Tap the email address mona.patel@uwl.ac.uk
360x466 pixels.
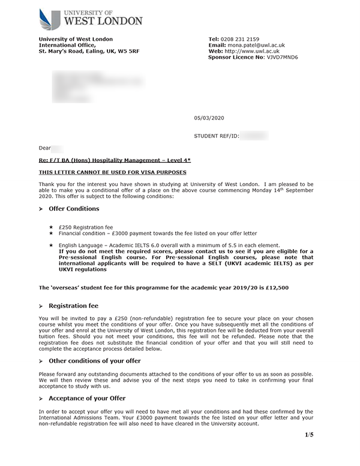[255, 45]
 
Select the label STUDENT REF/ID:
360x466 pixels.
[217, 136]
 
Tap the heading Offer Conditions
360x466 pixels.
[74, 208]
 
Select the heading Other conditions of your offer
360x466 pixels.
[95, 361]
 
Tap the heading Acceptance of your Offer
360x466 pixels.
[87, 398]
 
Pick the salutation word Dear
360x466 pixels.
[45, 148]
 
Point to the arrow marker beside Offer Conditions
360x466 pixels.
[41, 209]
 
